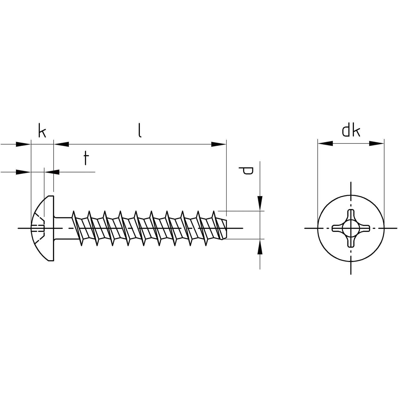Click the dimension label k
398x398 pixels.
42,131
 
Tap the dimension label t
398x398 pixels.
85,158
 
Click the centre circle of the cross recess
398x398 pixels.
351,228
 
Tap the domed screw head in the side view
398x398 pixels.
43,228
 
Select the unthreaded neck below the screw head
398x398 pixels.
63,228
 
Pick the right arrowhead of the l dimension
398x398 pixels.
219,144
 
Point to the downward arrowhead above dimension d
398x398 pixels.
260,204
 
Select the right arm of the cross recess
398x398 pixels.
364,228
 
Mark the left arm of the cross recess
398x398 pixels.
338,228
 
